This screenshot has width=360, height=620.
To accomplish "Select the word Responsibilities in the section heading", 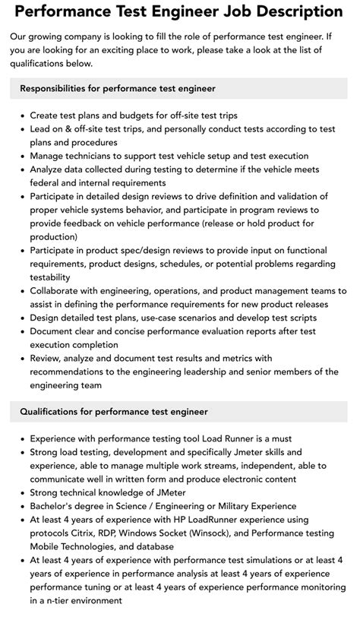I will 57,89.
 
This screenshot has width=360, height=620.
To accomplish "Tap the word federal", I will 46,182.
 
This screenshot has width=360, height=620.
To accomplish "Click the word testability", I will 50,277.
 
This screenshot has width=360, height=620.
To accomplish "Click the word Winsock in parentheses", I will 217,533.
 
